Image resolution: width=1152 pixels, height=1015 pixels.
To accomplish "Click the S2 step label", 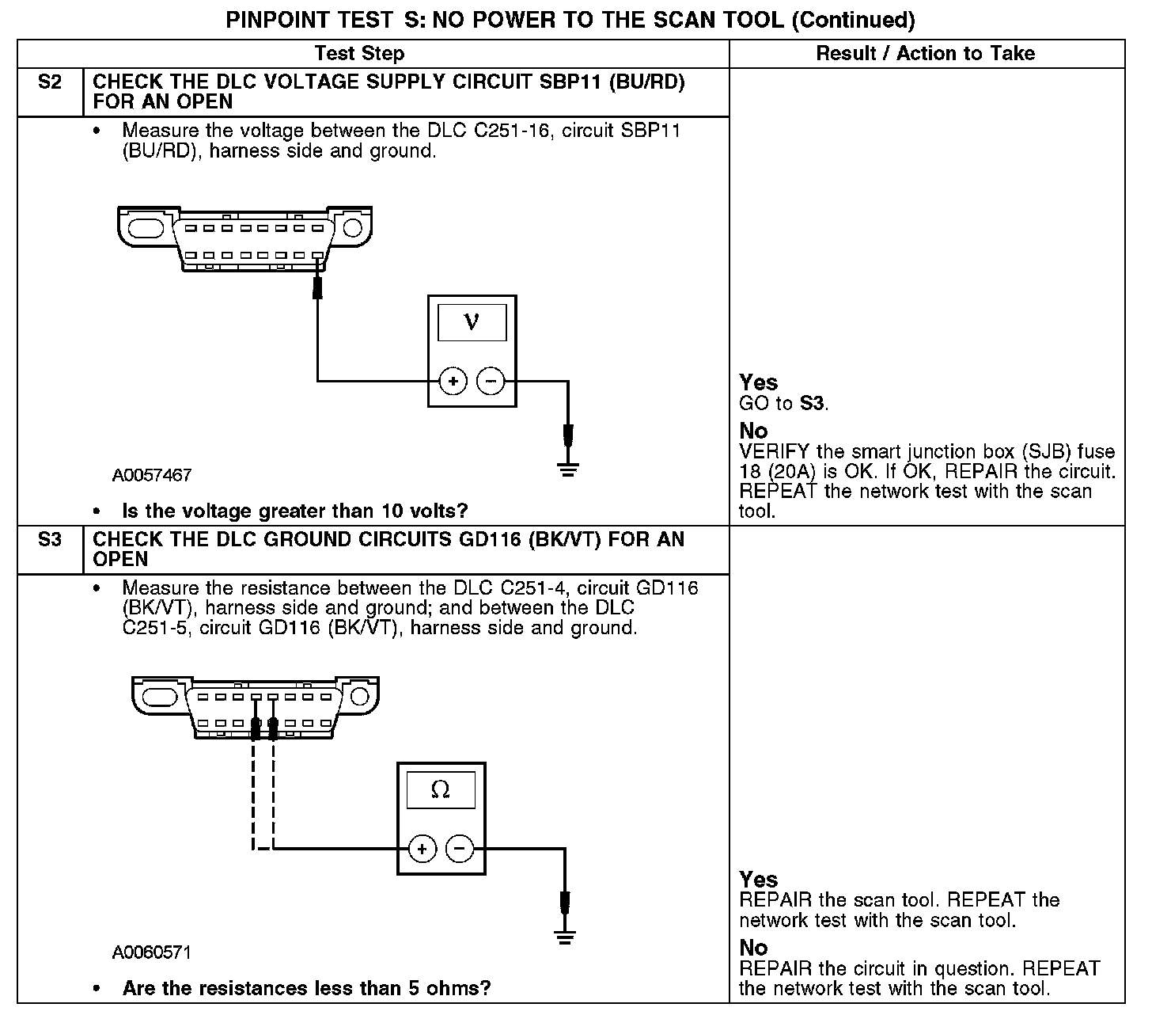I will (49, 82).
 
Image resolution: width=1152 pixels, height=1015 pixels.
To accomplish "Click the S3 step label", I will (49, 540).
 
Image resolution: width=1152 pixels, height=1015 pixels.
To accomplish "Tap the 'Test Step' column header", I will (359, 54).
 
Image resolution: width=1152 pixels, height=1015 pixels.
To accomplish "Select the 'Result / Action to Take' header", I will (925, 54).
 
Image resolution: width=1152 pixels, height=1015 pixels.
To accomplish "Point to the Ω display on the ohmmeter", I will (441, 789).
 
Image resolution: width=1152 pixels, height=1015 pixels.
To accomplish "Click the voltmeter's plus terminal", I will (453, 382).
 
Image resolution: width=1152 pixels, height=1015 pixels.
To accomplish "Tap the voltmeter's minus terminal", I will (491, 382).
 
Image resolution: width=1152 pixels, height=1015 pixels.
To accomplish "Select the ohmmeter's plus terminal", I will (423, 850).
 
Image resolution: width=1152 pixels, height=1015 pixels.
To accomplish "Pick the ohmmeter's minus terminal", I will (460, 850).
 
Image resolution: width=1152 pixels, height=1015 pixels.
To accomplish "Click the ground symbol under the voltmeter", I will (567, 470).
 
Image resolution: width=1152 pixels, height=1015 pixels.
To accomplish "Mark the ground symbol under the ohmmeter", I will (564, 938).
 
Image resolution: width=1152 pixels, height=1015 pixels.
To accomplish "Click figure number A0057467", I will (152, 476).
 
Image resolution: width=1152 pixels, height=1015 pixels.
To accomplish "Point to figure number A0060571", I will (152, 952).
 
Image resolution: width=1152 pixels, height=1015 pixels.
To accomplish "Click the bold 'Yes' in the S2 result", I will (758, 382).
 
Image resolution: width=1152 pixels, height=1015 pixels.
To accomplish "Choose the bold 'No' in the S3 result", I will (753, 948).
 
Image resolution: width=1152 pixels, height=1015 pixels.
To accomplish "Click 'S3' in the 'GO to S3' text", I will (812, 403).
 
